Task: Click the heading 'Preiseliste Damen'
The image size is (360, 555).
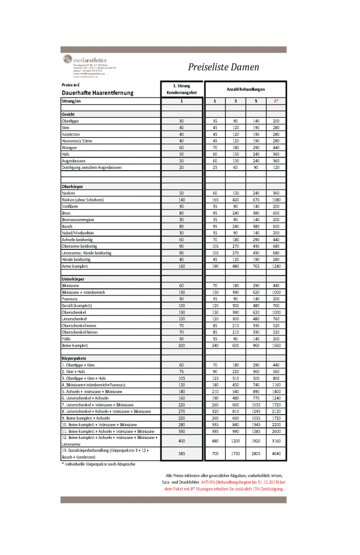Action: (x=223, y=67)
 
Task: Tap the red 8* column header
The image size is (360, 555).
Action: (x=276, y=101)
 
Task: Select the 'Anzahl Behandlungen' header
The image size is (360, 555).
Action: (x=245, y=88)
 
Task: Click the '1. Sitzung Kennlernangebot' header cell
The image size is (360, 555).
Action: (x=182, y=89)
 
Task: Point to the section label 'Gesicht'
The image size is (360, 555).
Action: (x=68, y=115)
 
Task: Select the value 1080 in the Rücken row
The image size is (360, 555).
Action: (x=276, y=200)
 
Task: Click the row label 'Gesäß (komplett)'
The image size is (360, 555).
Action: (x=78, y=306)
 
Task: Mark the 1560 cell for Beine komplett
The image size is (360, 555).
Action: (x=276, y=345)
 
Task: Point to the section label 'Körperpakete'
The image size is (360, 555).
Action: (x=74, y=359)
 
